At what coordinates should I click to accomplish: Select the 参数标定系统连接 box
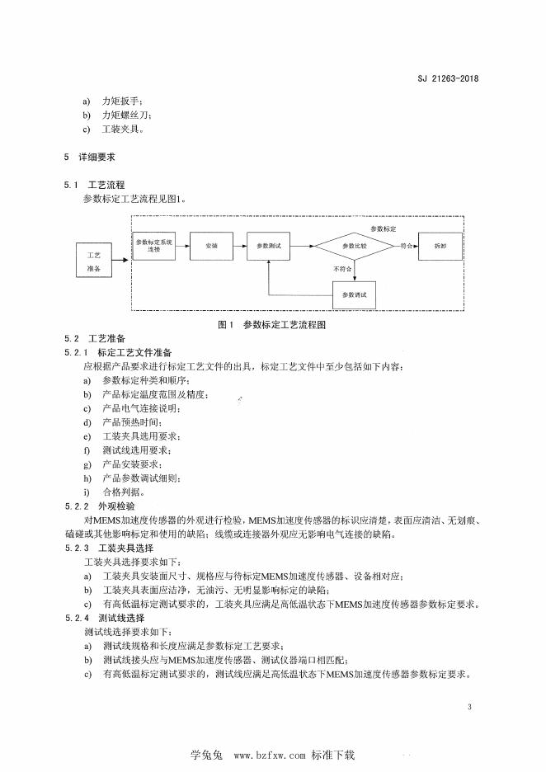point(153,245)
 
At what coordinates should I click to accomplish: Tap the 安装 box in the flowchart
point(211,246)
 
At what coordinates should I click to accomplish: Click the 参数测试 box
point(269,246)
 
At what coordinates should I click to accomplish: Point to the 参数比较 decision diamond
point(354,246)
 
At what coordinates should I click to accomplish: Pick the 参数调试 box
point(354,294)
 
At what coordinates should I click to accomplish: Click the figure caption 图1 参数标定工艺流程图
point(272,325)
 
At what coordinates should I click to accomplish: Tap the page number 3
point(468,707)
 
